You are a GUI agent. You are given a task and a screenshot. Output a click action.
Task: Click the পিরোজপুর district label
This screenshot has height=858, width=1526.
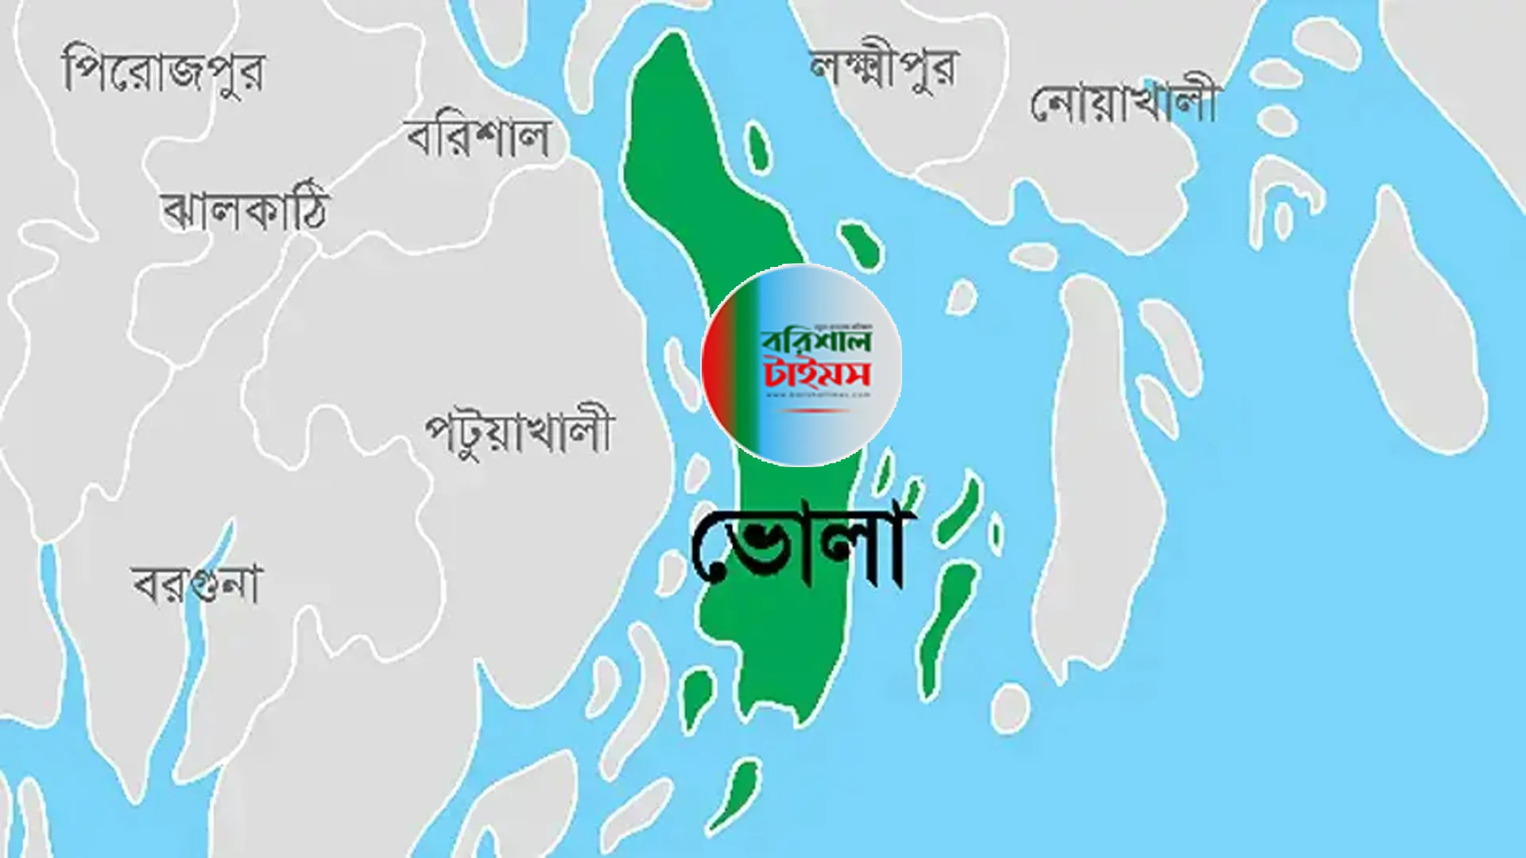click(x=163, y=70)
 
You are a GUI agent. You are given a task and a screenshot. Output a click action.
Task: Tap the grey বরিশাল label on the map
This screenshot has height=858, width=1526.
click(x=478, y=139)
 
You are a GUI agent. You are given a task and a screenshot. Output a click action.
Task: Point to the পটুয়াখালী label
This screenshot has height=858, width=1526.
click(x=519, y=433)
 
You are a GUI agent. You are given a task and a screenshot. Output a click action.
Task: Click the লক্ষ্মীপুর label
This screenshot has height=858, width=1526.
click(x=884, y=68)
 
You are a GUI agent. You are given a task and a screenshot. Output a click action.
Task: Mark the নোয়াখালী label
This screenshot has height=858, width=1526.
click(x=1124, y=103)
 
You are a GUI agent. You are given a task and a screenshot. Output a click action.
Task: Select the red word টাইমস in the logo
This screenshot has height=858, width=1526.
click(x=817, y=373)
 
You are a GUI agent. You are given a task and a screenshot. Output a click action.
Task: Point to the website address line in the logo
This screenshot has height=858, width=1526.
click(x=817, y=394)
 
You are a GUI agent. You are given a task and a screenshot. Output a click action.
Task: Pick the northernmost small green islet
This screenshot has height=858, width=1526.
click(x=757, y=147)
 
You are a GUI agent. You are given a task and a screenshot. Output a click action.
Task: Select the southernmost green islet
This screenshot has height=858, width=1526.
click(x=735, y=794)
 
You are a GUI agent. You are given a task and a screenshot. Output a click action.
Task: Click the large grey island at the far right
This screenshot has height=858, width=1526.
click(x=1419, y=318)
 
